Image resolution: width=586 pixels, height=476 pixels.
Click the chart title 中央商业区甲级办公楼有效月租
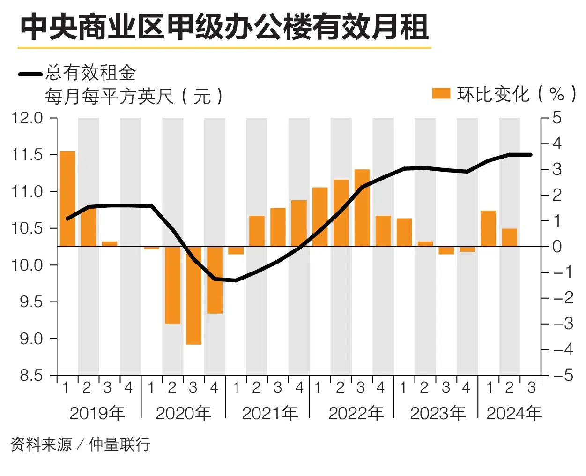pos(224,27)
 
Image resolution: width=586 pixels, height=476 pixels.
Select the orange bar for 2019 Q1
pos(67,199)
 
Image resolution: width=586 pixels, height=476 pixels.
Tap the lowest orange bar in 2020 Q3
pos(193,295)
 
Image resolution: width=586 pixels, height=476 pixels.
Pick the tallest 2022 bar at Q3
pos(362,208)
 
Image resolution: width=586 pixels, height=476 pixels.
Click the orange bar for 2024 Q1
pos(488,228)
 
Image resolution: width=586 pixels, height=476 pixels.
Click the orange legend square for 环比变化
pos(441,93)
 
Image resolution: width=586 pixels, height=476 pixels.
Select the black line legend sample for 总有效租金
pos(30,74)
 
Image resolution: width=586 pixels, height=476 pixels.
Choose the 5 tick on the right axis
pos(556,118)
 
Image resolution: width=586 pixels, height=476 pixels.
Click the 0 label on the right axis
pos(556,246)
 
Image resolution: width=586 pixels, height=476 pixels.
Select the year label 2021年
pos(270,413)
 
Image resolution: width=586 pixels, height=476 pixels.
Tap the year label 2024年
pos(514,413)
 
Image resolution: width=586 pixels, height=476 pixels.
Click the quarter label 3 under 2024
pos(531,388)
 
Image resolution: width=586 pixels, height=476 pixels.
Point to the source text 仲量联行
pos(119,444)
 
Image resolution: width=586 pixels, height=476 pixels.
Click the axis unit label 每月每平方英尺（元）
pos(134,97)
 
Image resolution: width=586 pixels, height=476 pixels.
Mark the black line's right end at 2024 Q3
pos(531,154)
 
